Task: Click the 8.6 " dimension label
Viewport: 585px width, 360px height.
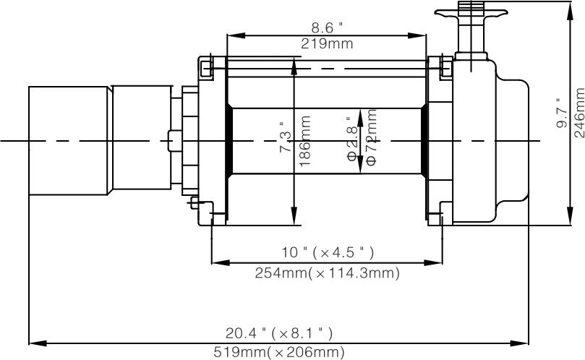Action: [x=327, y=27]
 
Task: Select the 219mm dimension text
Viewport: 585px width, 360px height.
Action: [x=327, y=43]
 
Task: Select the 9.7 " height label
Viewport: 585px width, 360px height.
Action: [x=561, y=113]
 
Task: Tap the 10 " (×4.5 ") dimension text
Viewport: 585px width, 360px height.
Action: [x=327, y=252]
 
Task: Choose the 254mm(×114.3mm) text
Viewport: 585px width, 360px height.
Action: [x=327, y=273]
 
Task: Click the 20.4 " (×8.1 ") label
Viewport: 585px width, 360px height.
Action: [x=278, y=333]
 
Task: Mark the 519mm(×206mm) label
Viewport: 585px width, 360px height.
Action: [x=278, y=353]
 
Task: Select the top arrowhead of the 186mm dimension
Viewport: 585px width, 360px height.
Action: [x=294, y=63]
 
